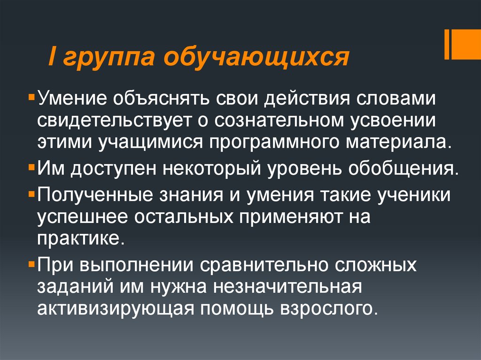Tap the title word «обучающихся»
(249, 60)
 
